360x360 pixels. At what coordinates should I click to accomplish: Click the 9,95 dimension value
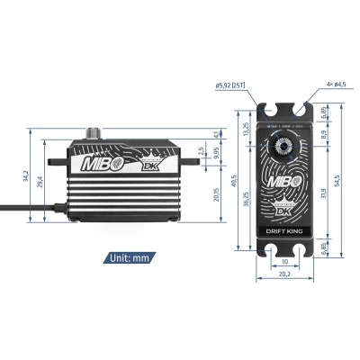point(217,153)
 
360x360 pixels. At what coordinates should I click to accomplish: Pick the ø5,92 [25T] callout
point(233,86)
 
